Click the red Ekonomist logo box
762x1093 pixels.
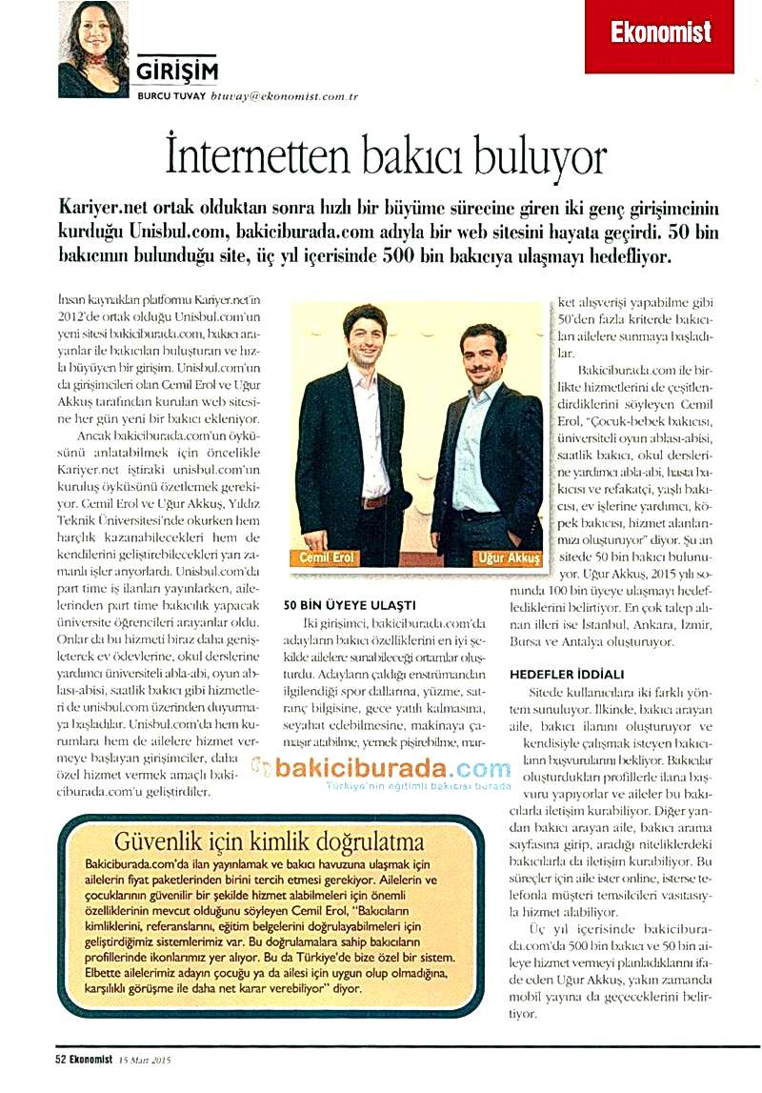[659, 34]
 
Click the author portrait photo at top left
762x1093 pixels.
[93, 50]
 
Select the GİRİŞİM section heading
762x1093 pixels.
[177, 71]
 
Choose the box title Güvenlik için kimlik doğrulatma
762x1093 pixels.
[268, 840]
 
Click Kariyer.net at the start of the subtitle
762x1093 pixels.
[104, 209]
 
